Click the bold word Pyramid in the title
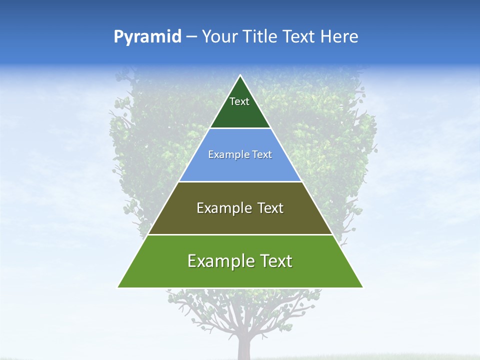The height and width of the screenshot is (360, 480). click(x=147, y=37)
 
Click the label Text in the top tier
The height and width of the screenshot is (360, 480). click(x=239, y=101)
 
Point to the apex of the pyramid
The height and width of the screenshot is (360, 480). click(x=240, y=76)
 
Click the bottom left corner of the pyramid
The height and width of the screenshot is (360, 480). click(x=118, y=287)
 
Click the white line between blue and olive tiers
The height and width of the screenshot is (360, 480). click(x=240, y=181)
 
